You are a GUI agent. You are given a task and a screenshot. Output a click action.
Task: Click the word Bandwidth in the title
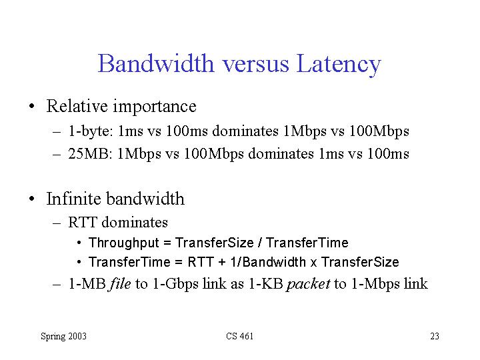coord(156,63)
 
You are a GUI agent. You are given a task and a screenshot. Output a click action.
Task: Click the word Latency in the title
coord(339,65)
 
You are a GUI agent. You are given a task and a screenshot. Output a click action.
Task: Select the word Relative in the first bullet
coord(77,106)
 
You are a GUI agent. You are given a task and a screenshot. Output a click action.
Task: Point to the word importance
coord(155,107)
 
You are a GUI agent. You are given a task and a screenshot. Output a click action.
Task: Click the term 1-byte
coord(90,131)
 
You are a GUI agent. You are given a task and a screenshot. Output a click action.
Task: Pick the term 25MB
coord(88,153)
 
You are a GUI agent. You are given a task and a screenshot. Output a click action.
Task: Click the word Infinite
coord(74,199)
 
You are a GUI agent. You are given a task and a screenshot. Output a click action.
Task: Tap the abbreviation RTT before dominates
coord(83,222)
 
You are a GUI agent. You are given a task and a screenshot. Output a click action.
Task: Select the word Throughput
coord(124,243)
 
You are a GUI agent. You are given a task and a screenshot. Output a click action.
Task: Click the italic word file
coord(120,283)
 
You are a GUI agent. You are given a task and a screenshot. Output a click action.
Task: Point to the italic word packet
coord(308,284)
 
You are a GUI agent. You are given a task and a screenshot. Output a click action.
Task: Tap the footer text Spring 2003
coord(64,337)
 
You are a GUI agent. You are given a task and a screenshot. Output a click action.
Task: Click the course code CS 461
coord(240,336)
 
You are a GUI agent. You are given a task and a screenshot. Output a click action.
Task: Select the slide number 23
coord(435,336)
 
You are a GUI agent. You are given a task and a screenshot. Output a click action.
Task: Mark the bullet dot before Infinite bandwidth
coord(32,199)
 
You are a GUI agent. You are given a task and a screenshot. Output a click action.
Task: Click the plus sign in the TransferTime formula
coord(222,263)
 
